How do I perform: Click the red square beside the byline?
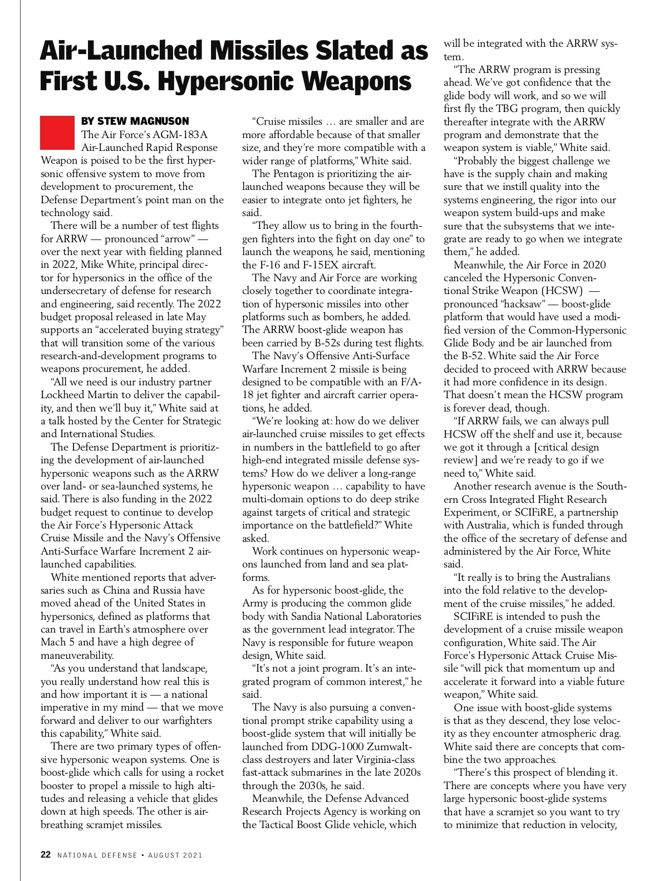57,133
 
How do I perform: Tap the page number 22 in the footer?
46,855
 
